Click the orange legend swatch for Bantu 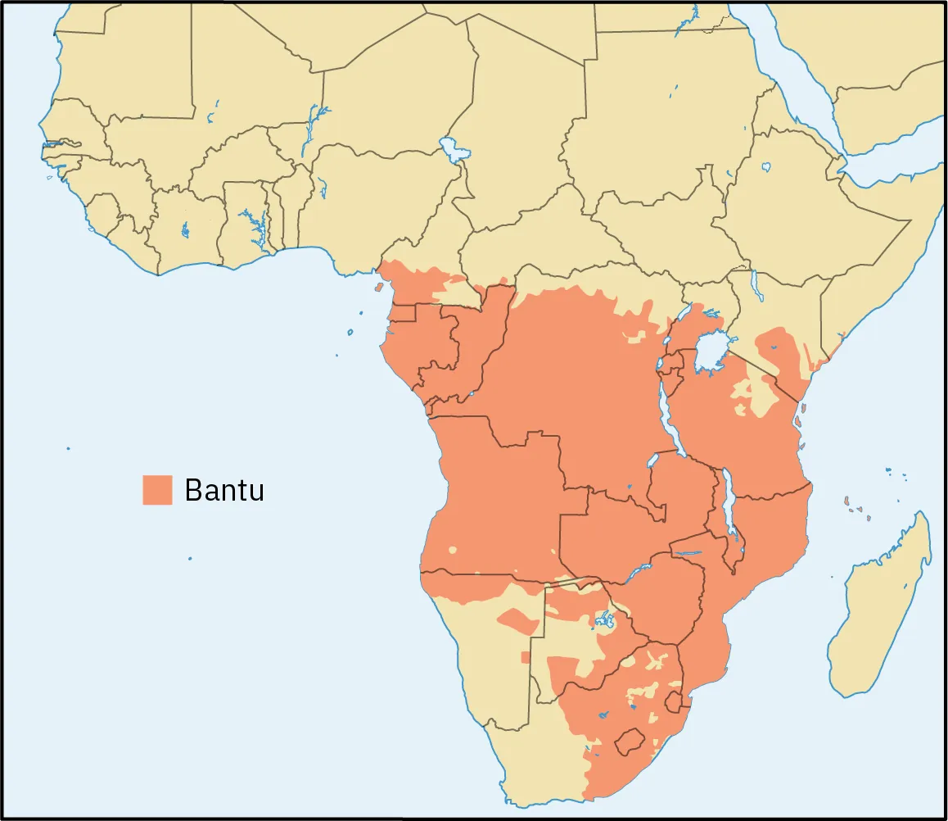(157, 489)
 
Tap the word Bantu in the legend (223, 490)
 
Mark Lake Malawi (730, 512)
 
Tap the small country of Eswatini (675, 702)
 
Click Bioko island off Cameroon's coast (379, 288)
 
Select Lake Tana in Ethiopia (765, 167)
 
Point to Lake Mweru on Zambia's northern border (652, 461)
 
